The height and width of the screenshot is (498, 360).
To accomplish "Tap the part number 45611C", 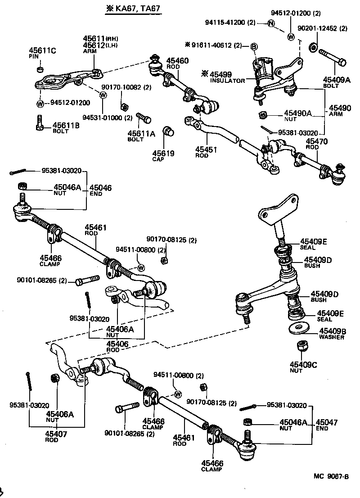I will tap(42, 50).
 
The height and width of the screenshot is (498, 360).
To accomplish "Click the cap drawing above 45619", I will tap(168, 131).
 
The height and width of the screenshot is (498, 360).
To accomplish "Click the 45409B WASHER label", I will tap(332, 333).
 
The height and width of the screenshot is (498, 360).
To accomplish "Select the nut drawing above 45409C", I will tap(302, 348).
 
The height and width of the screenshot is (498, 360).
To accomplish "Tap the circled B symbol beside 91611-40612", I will tap(253, 46).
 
